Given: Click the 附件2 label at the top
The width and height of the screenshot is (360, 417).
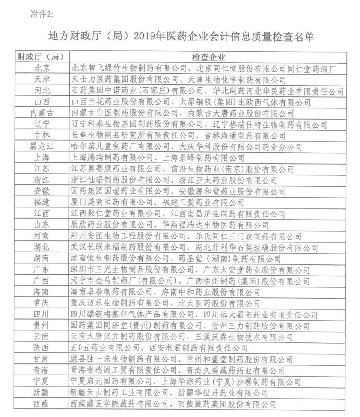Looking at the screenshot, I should [41, 14].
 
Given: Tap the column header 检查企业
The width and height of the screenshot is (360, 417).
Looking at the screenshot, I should [209, 57].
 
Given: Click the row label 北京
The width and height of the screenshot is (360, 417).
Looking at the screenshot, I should [41, 68].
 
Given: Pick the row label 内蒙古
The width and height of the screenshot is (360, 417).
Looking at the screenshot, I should [41, 113].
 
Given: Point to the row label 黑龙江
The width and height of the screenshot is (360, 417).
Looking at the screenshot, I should [41, 147].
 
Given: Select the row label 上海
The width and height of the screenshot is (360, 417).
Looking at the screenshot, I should [41, 158].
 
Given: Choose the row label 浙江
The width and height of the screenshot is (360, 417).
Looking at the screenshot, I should [41, 180].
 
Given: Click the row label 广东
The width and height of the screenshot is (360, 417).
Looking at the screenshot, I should [41, 270].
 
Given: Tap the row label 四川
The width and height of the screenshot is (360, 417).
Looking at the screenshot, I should [41, 314].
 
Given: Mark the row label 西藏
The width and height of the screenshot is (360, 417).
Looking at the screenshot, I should [41, 404].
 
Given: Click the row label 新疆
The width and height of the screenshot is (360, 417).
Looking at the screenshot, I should [41, 393].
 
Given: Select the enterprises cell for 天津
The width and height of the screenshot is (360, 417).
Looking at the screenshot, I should [178, 79].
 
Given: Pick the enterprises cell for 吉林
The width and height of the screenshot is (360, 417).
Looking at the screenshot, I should [178, 135].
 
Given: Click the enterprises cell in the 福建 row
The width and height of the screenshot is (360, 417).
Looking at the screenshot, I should [158, 202].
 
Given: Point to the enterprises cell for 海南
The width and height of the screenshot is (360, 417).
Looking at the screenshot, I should [165, 292].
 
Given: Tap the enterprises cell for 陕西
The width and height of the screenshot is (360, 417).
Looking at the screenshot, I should [160, 348].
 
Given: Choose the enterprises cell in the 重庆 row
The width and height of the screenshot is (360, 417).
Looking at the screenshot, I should [165, 303].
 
